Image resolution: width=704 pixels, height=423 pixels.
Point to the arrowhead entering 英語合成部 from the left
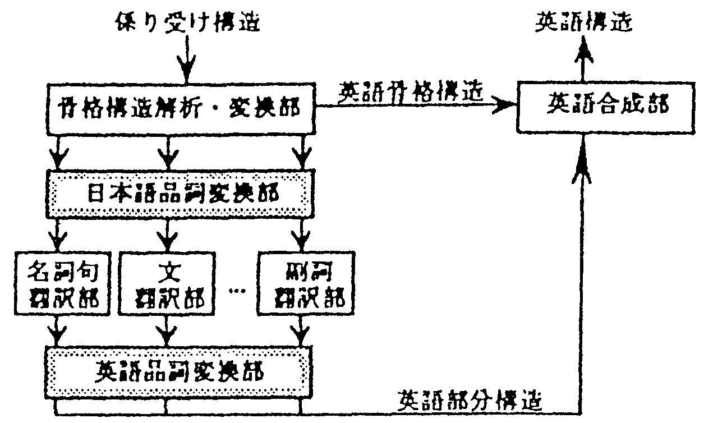pyautogui.click(x=505, y=105)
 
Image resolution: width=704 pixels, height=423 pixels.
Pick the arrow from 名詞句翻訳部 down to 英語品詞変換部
pyautogui.click(x=57, y=333)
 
